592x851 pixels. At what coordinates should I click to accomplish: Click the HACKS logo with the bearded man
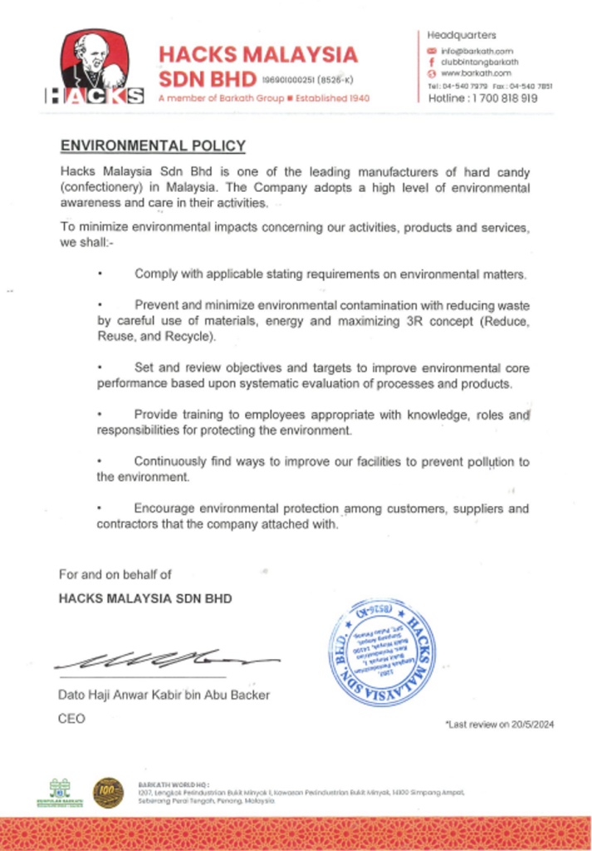94,67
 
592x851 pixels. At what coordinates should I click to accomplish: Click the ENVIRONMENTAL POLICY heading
153,146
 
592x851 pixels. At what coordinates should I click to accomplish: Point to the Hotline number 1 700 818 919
482,97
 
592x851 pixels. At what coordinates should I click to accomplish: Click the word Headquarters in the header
462,35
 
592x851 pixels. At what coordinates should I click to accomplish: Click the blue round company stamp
381,652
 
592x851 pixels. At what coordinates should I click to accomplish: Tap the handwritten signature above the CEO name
166,661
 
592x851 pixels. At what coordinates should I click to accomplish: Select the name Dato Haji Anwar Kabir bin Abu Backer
164,695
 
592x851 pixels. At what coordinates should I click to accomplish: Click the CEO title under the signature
71,718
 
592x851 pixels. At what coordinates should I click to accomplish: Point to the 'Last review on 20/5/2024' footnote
500,725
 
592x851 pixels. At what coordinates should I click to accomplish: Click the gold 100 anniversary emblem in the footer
108,792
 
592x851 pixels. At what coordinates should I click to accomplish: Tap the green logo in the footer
60,792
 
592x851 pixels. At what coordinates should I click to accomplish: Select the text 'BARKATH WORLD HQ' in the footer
174,784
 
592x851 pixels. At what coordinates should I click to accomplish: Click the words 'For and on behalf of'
115,574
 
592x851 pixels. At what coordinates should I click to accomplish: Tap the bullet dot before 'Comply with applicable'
100,273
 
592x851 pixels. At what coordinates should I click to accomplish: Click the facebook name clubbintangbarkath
479,61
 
